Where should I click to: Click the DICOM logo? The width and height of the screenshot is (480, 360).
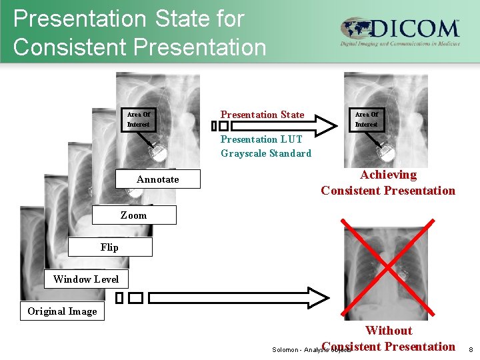[400, 32]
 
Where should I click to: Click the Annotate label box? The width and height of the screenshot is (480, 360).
[158, 179]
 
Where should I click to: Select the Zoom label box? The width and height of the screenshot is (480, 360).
[133, 215]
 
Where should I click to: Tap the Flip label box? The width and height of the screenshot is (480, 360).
[109, 247]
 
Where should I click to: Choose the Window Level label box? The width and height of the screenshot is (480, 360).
[86, 279]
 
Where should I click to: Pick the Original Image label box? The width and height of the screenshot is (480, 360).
[62, 311]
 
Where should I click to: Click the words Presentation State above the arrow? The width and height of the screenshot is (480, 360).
[262, 115]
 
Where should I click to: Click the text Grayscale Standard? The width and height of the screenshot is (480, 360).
[266, 153]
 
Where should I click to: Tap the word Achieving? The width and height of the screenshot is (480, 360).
[388, 175]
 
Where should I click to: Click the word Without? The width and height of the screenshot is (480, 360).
[389, 330]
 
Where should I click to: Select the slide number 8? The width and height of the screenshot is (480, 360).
[470, 349]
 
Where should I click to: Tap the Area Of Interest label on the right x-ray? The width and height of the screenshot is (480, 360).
[366, 119]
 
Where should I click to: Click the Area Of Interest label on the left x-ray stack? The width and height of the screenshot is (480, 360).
[139, 119]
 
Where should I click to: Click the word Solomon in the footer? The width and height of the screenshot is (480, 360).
[285, 349]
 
